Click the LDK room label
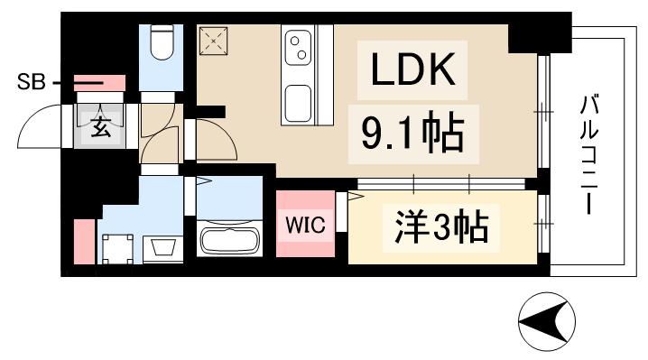(414, 69)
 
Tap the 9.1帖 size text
(413, 134)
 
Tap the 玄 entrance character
(101, 127)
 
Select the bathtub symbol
(228, 241)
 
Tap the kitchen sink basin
(299, 101)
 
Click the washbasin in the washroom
(163, 245)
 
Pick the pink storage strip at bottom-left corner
(83, 241)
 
